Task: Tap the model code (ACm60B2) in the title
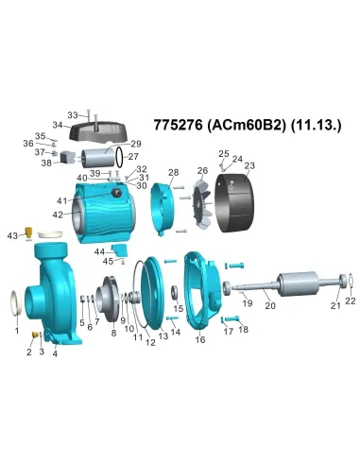click(x=243, y=125)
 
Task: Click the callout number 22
click(x=350, y=301)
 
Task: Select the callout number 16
click(x=199, y=340)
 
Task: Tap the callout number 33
click(x=72, y=115)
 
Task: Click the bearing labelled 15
click(x=176, y=291)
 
